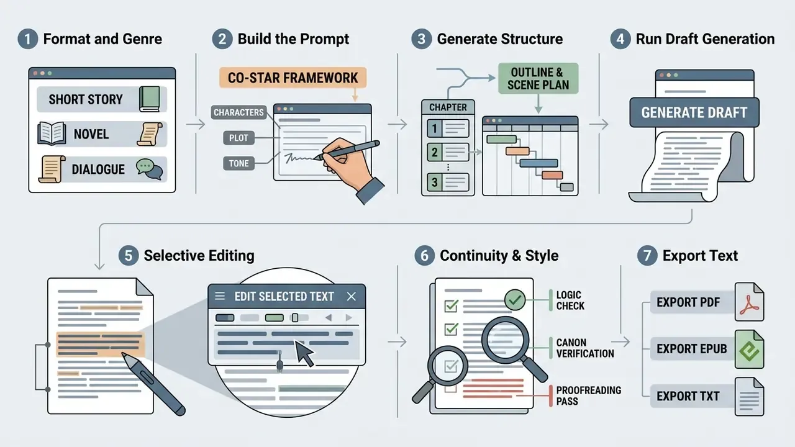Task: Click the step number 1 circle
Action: [28, 38]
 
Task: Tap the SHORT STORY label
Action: [86, 99]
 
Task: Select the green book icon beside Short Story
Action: [150, 99]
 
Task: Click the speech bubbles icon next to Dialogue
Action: [150, 169]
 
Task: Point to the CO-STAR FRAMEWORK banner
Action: [293, 78]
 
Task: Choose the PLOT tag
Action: [238, 138]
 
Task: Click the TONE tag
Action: [238, 163]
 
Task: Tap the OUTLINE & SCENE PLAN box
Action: [538, 78]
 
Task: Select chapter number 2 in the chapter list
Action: [434, 152]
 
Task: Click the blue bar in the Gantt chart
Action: [538, 163]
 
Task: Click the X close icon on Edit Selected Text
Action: [351, 296]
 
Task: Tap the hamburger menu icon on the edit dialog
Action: [220, 296]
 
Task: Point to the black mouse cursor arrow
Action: [304, 354]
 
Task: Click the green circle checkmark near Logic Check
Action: [515, 300]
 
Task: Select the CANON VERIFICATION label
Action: [585, 348]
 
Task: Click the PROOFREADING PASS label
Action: [588, 395]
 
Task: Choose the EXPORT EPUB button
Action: [691, 349]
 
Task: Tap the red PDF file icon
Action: [749, 302]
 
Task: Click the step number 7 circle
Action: [647, 255]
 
